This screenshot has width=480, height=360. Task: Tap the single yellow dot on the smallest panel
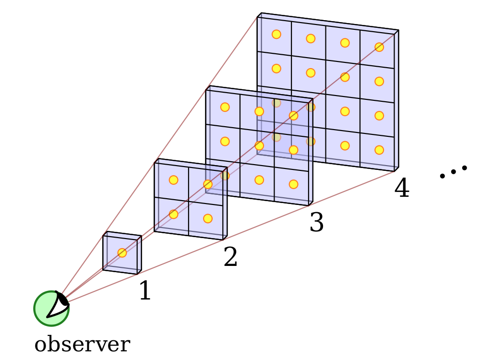[x=122, y=253]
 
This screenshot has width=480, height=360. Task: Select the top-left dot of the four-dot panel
[x=173, y=180]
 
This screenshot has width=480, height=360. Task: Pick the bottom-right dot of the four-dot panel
[x=208, y=218]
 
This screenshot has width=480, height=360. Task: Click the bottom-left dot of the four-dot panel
[x=173, y=214]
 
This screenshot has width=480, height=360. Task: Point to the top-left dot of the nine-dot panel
[x=225, y=107]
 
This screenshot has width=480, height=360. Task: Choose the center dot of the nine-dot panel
[x=259, y=145]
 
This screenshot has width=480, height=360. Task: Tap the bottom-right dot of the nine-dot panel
[x=293, y=184]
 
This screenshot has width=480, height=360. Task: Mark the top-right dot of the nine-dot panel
[x=293, y=116]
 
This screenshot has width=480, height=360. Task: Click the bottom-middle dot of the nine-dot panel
[x=259, y=180]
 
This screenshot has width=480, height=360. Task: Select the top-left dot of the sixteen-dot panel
[x=276, y=34]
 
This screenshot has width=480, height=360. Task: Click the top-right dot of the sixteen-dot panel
[x=379, y=47]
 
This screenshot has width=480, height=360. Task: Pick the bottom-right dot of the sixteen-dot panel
[x=379, y=150]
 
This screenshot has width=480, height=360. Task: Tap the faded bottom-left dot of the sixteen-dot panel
[x=276, y=137]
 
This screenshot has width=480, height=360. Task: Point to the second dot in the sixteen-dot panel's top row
[x=311, y=38]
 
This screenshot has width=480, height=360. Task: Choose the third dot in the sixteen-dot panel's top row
[x=345, y=43]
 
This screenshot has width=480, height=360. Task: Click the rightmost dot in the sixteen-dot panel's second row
[x=379, y=81]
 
